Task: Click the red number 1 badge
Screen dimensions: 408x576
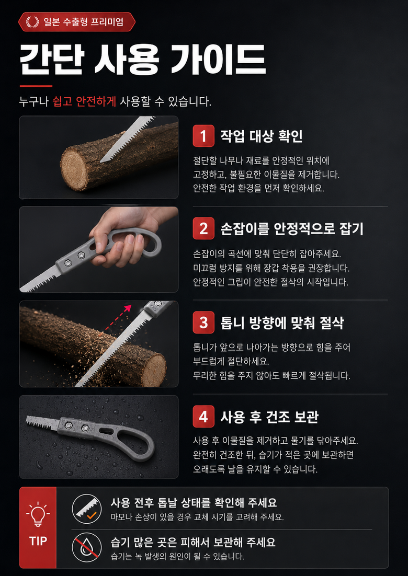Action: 203,136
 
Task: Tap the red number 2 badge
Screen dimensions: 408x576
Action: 203,228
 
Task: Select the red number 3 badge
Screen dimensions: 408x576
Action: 203,322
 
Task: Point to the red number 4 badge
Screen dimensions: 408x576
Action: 203,417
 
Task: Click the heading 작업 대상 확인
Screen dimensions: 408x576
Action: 262,136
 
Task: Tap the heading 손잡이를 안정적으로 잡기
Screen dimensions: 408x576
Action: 291,228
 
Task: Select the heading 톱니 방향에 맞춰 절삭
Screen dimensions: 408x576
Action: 282,322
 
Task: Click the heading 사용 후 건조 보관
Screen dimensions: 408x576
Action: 269,417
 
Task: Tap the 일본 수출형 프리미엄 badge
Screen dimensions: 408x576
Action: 77,21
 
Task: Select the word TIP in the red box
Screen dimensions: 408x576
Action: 38,541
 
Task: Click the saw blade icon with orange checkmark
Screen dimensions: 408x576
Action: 87,509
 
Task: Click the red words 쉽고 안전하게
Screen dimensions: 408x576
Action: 85,101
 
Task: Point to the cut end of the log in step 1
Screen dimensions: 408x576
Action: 75,167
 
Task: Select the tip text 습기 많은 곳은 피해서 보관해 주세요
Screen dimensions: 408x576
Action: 193,542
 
